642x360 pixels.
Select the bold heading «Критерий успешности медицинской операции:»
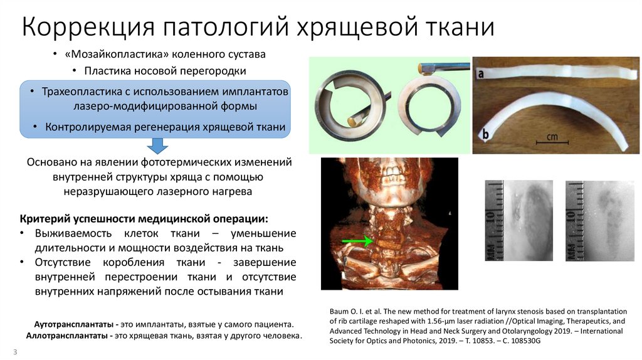click(x=144, y=219)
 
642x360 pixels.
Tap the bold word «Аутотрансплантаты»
click(x=71, y=325)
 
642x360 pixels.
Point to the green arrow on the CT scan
click(x=355, y=240)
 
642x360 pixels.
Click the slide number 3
click(x=14, y=352)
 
